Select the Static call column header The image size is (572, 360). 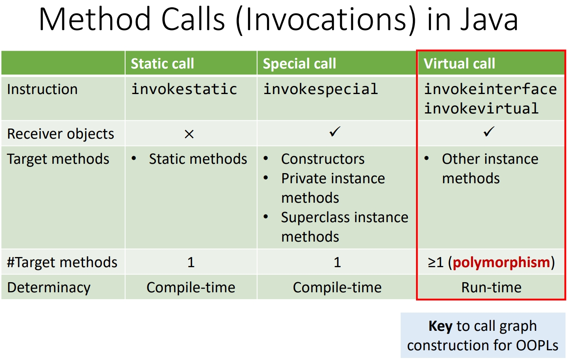(x=162, y=63)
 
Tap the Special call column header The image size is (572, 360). (x=299, y=63)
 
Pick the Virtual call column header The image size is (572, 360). (x=459, y=63)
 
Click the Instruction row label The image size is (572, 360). (x=43, y=90)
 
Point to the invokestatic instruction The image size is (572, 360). (x=184, y=89)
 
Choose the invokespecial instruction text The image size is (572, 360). (x=320, y=90)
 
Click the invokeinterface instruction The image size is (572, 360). (x=490, y=89)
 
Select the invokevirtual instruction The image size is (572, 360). (x=481, y=108)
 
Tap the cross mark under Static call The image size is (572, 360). (x=189, y=134)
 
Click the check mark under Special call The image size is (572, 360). (x=335, y=132)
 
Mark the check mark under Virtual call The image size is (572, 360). (x=489, y=132)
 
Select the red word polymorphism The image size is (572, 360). (x=501, y=262)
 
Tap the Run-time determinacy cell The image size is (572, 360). (x=491, y=287)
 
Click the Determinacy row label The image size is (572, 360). (x=49, y=288)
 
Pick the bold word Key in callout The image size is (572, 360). (x=440, y=326)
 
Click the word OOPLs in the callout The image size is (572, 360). (x=537, y=345)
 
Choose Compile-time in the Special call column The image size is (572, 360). (x=337, y=288)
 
